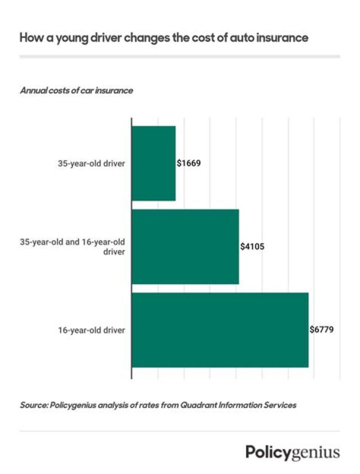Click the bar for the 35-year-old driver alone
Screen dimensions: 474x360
153,163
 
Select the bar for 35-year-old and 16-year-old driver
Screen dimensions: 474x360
185,246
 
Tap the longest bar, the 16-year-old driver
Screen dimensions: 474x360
220,329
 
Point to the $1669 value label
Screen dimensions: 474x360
188,163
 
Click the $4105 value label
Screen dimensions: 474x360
252,246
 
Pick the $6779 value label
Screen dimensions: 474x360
321,329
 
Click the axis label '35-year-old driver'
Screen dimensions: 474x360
91,163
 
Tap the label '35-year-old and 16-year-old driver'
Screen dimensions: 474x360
72,246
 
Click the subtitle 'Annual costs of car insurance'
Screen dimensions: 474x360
76,91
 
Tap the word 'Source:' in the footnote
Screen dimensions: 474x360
33,405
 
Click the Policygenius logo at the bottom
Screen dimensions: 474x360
292,452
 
